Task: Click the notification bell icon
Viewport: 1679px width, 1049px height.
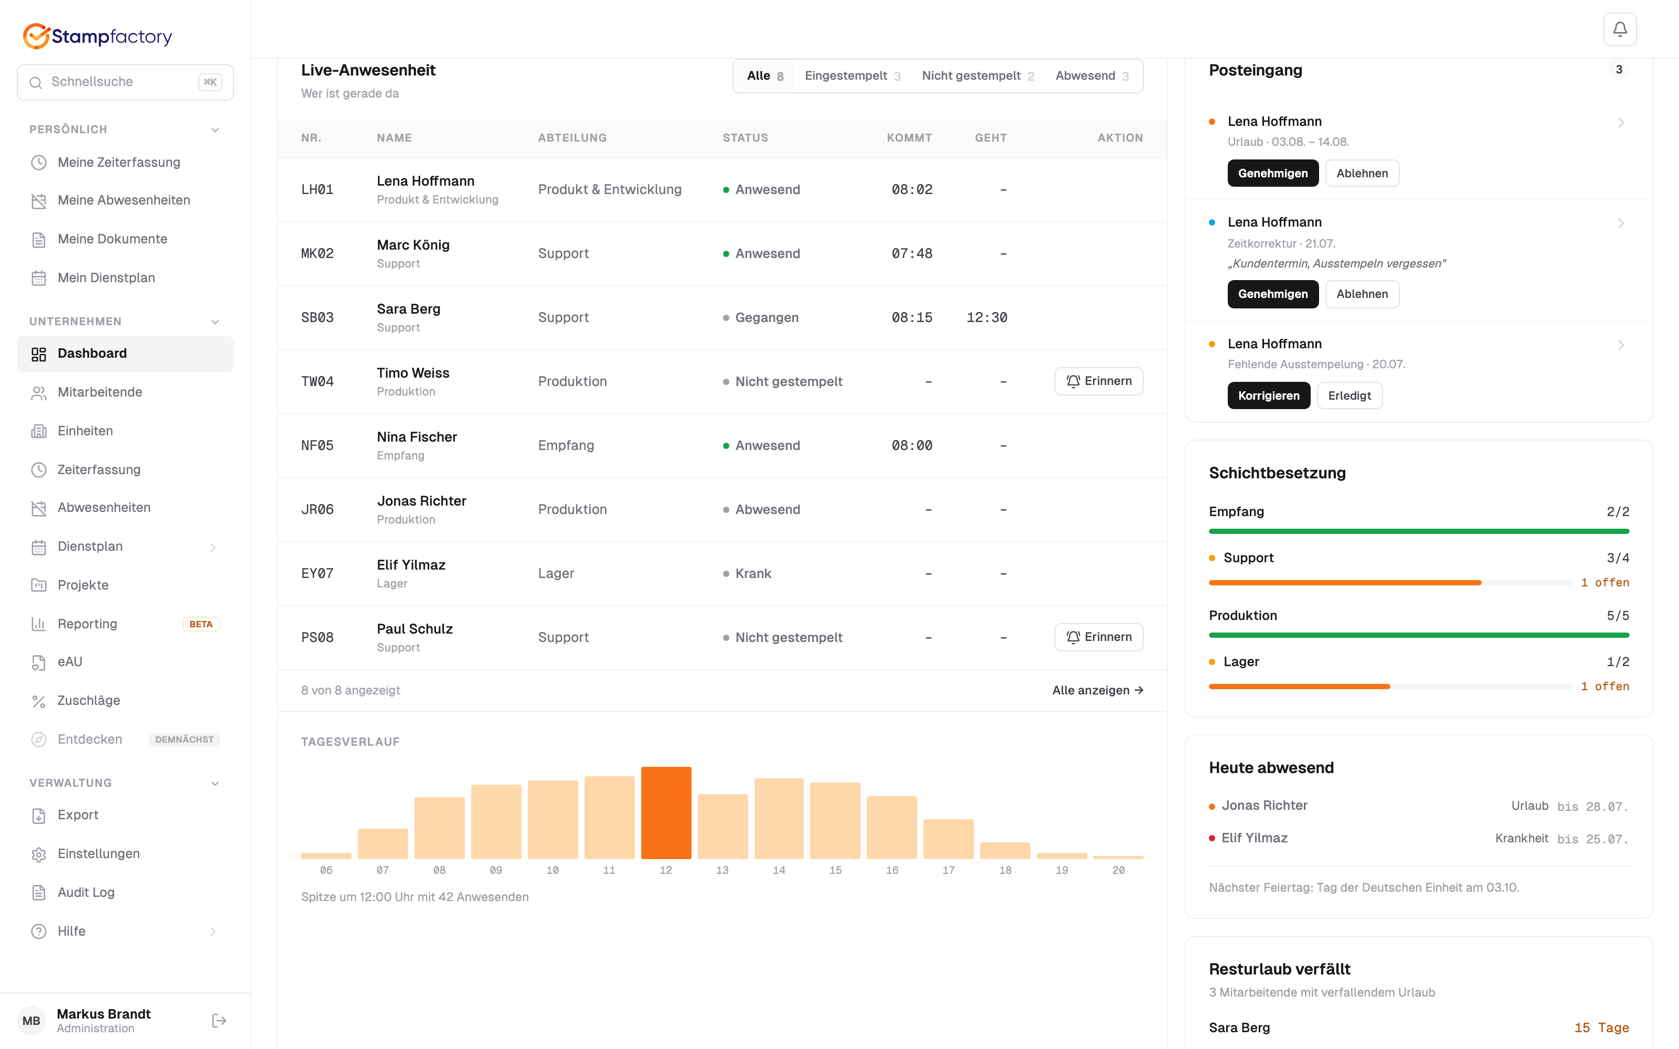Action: pyautogui.click(x=1619, y=29)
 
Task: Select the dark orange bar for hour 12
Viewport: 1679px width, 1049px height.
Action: pyautogui.click(x=665, y=812)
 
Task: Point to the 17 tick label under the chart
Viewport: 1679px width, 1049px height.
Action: pyautogui.click(x=949, y=870)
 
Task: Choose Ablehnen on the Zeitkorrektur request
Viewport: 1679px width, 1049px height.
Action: pyautogui.click(x=1362, y=294)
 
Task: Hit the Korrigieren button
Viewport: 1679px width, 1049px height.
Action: pyautogui.click(x=1268, y=395)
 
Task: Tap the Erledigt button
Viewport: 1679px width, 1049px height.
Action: pyautogui.click(x=1349, y=395)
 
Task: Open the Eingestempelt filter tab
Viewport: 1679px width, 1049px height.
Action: pyautogui.click(x=853, y=76)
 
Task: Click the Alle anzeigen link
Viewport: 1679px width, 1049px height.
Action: pyautogui.click(x=1098, y=690)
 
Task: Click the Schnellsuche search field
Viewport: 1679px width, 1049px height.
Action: pyautogui.click(x=125, y=82)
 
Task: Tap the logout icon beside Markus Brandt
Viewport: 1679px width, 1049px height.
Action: pyautogui.click(x=219, y=1021)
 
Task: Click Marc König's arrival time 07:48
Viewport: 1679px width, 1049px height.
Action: pyautogui.click(x=912, y=254)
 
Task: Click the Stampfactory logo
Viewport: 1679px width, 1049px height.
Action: pyautogui.click(x=98, y=36)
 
